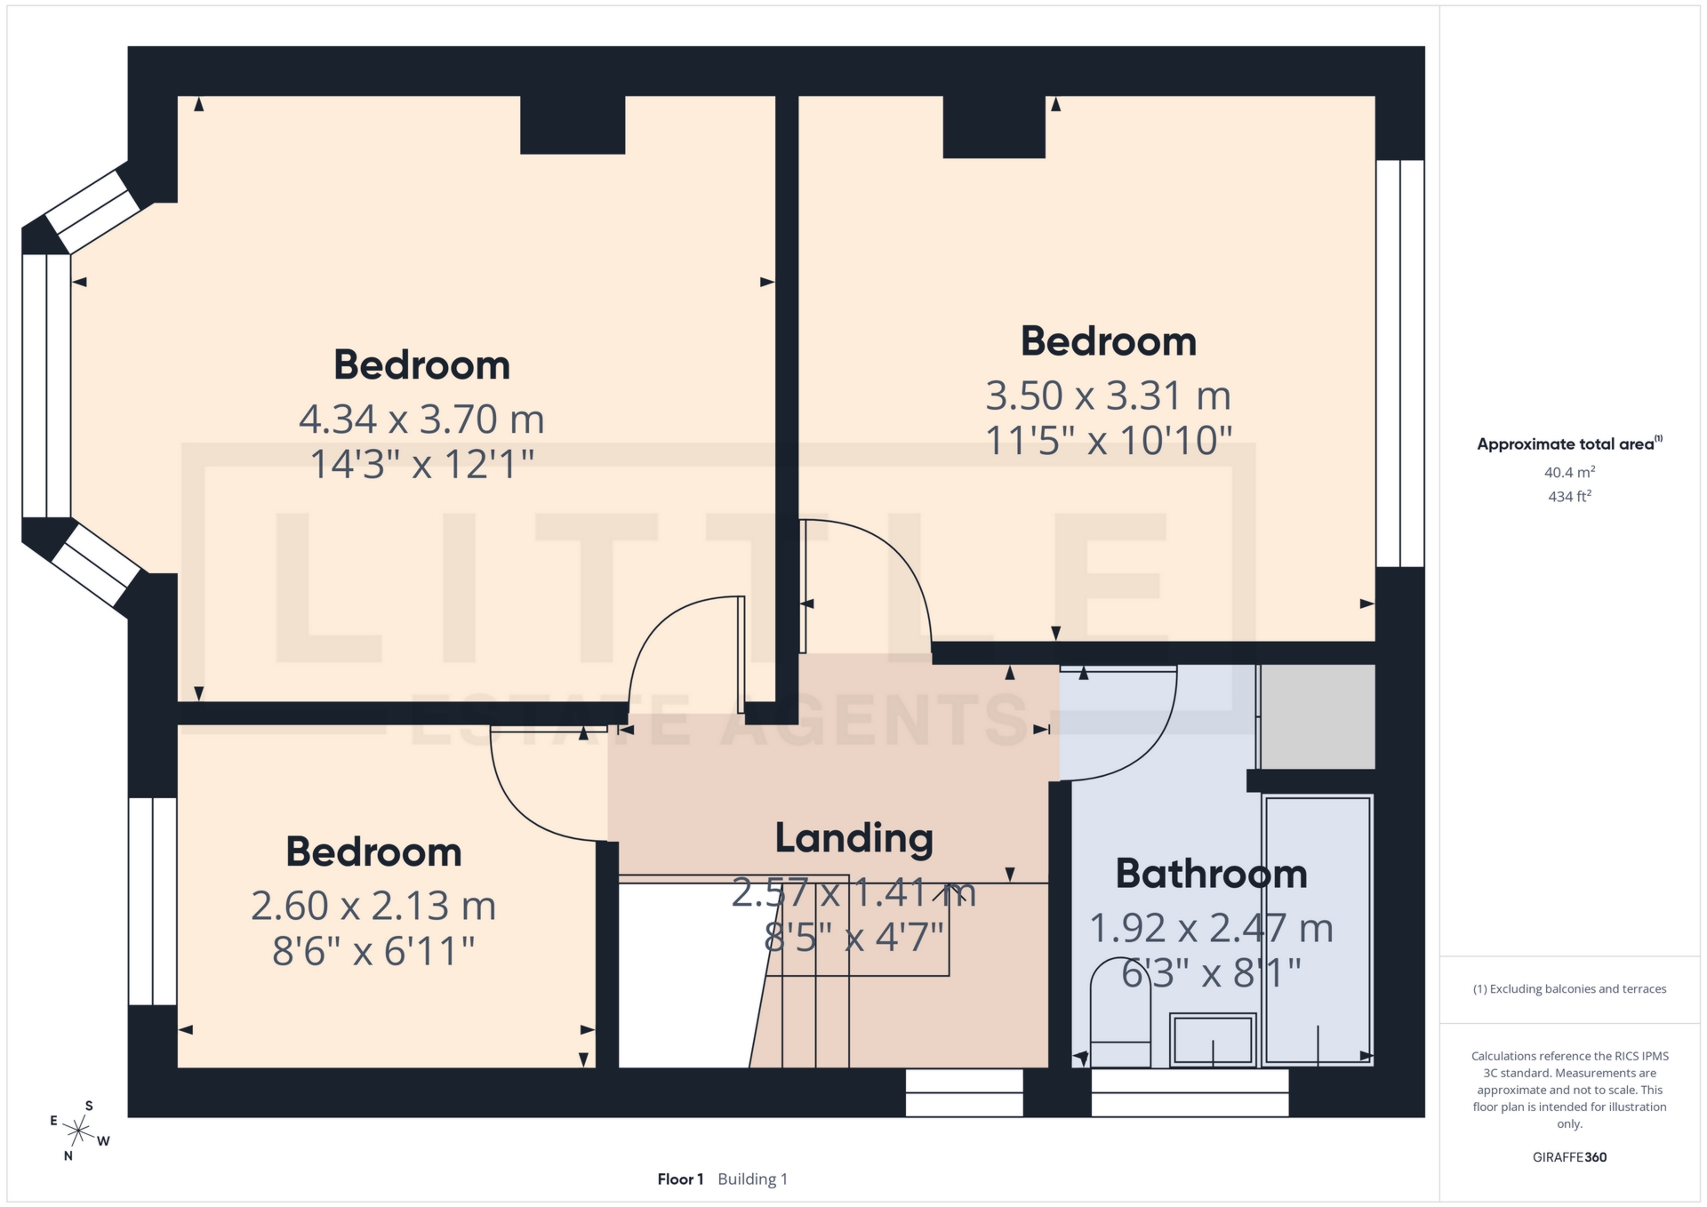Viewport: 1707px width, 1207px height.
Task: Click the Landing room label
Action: coord(853,838)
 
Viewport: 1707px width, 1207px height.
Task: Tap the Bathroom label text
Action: coord(1211,875)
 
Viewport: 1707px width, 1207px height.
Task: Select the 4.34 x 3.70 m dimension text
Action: coord(421,420)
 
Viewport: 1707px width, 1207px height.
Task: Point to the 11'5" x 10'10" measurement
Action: coord(1109,442)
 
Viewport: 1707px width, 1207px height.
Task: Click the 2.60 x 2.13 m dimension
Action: coord(373,907)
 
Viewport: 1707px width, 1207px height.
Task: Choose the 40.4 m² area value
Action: coord(1569,472)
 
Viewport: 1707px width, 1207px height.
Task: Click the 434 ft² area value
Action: coord(1569,497)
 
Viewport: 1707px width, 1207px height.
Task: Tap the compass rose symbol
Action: coord(79,1131)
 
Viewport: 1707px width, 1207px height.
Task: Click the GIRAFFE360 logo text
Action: coord(1569,1157)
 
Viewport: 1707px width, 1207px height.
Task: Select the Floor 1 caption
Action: coord(680,1179)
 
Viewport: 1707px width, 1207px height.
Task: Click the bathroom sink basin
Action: coord(1213,1039)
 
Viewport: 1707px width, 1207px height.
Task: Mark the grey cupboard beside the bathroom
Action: coord(1318,716)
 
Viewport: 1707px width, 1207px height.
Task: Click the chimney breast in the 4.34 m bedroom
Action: coord(573,124)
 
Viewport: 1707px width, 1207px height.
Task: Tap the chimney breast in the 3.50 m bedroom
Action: coord(993,126)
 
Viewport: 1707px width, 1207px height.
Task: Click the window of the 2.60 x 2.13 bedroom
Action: coord(153,901)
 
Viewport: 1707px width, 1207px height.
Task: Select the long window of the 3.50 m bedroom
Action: coord(1400,363)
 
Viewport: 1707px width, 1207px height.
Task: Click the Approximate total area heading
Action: coord(1569,444)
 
